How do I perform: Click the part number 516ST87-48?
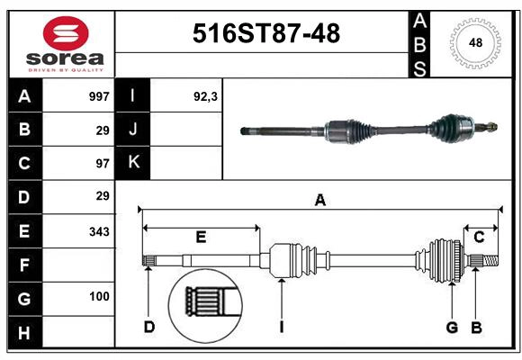[267, 34]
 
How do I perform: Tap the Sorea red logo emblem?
[65, 33]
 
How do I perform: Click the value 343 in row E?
[99, 231]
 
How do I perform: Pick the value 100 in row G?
[99, 296]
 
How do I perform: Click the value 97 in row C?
[103, 163]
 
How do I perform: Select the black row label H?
[24, 334]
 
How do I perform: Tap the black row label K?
[133, 163]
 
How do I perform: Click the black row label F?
[24, 265]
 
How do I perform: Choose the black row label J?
[133, 130]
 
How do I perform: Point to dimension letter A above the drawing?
[319, 201]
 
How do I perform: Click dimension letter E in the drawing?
[201, 238]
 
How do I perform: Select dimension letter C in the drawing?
[479, 238]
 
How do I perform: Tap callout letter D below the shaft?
[149, 326]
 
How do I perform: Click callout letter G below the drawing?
[452, 327]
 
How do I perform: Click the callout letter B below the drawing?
[477, 327]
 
